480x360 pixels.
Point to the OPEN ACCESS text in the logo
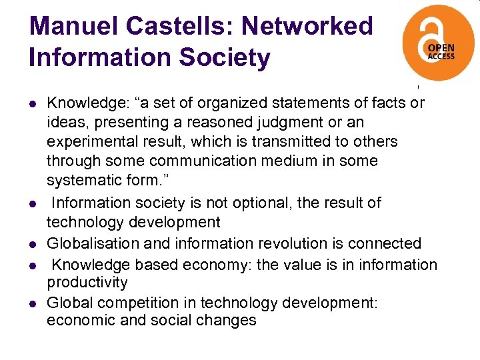441,53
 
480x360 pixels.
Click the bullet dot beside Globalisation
32,245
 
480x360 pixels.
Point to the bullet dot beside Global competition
32,304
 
